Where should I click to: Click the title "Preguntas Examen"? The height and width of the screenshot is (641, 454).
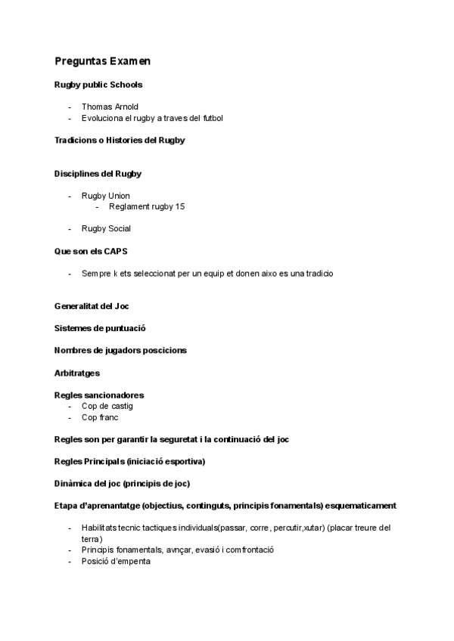pos(102,61)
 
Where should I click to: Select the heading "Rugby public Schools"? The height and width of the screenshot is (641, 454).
pos(98,85)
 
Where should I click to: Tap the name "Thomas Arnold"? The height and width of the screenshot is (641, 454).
pos(110,107)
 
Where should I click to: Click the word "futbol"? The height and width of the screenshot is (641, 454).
pos(210,118)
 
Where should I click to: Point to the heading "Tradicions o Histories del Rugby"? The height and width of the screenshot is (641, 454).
pos(120,140)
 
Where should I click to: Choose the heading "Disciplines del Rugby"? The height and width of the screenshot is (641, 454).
pos(98,174)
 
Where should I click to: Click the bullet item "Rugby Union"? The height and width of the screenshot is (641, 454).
pos(105,196)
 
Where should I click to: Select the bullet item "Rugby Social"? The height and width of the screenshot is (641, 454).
pos(106,228)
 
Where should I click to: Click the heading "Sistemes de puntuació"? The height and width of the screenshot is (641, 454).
pos(100,328)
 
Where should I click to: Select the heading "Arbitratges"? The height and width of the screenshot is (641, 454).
pos(76,373)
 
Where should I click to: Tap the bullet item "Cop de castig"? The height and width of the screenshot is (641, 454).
pos(107,406)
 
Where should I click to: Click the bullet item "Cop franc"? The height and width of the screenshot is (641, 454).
pos(100,417)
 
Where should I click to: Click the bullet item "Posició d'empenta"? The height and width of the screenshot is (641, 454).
pos(116,561)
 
